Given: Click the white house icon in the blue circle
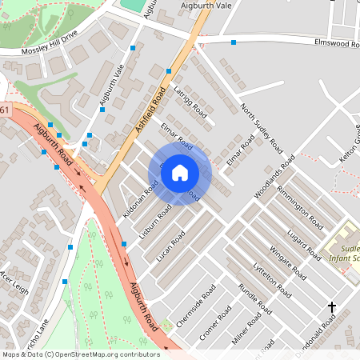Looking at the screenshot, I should click(180, 173).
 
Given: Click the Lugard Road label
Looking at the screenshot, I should click(303, 230).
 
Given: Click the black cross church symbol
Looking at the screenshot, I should click(332, 307).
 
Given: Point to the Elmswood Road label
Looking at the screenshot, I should click(336, 43).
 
